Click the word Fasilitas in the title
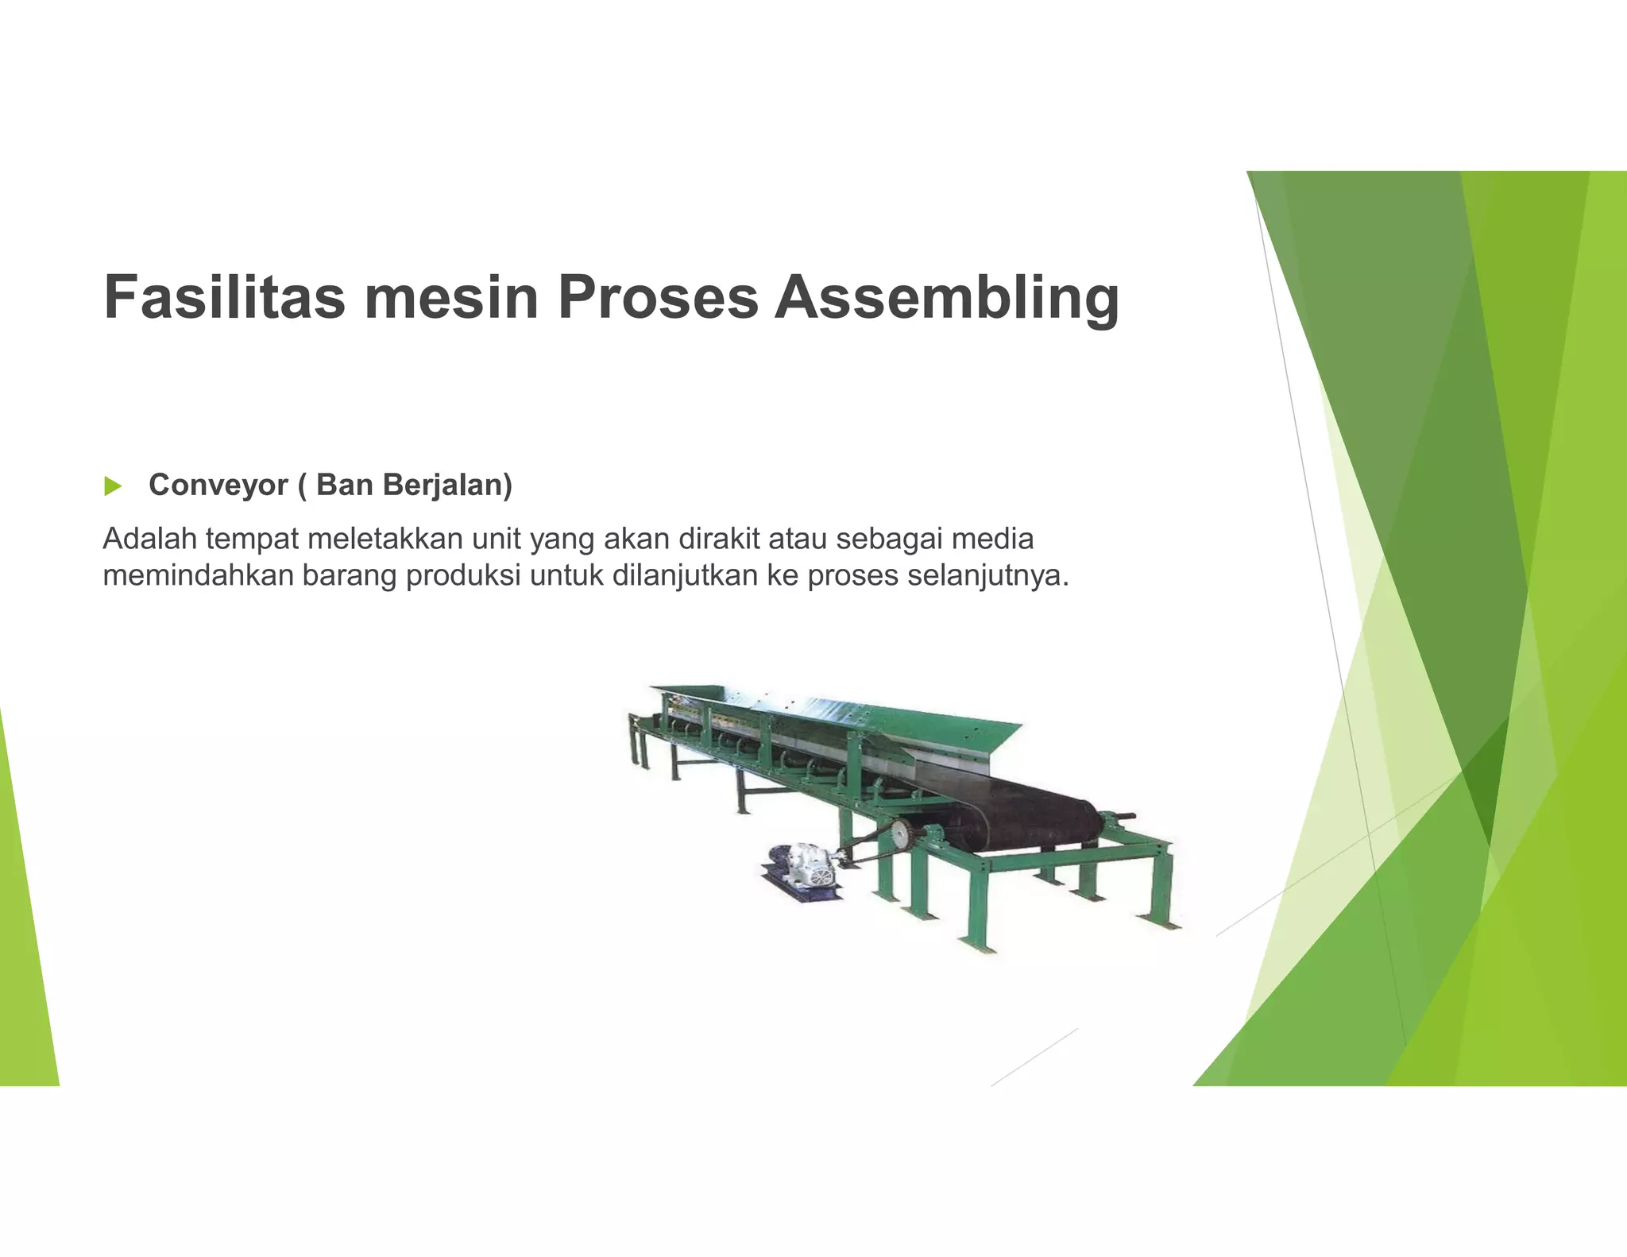point(224,297)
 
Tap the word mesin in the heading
point(451,297)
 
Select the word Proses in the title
point(658,297)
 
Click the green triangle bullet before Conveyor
point(113,486)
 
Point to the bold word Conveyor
point(218,485)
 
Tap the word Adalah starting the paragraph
point(149,539)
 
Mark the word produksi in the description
point(462,575)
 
